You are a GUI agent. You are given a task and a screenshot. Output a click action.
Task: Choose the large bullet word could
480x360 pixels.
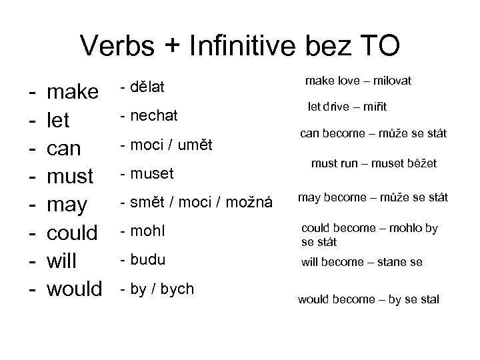click(x=74, y=233)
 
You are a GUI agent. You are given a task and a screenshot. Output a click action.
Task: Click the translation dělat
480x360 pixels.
click(x=150, y=87)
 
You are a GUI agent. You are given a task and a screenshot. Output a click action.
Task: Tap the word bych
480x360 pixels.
click(x=179, y=289)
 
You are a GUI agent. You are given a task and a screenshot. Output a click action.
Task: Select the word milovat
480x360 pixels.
click(x=389, y=81)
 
